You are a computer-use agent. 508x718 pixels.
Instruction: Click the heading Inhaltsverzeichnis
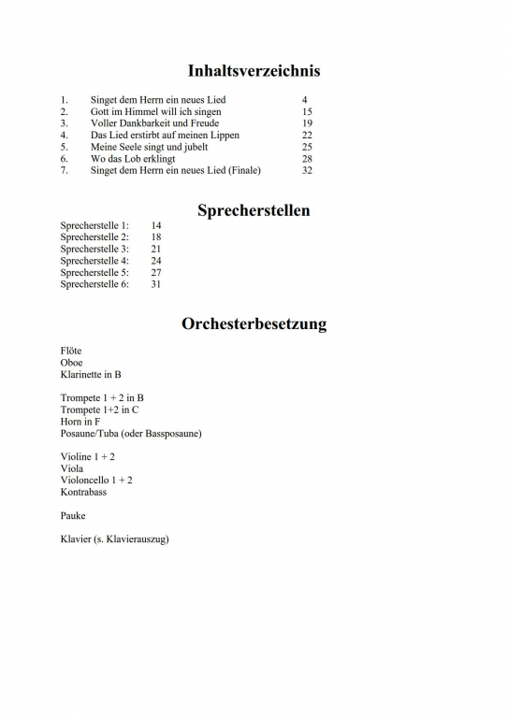[x=254, y=71]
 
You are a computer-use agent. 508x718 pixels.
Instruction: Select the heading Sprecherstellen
[x=254, y=210]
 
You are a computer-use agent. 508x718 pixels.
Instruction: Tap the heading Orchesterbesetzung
[x=254, y=325]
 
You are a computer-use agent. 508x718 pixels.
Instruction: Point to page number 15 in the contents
[x=307, y=111]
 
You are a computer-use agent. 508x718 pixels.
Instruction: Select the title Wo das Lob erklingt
[x=133, y=159]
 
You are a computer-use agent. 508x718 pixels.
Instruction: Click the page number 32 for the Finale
[x=307, y=171]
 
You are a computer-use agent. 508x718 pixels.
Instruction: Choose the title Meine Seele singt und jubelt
[x=149, y=147]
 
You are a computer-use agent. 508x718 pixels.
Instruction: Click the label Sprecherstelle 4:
[x=94, y=261]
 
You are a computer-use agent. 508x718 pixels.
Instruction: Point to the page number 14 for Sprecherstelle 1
[x=156, y=226]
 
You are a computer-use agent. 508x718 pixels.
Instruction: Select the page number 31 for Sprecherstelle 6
[x=156, y=284]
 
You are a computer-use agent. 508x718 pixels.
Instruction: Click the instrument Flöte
[x=72, y=351]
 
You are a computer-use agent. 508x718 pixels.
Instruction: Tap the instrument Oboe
[x=72, y=363]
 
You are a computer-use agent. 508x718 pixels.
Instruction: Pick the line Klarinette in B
[x=91, y=375]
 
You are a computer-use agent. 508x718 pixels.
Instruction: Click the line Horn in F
[x=80, y=422]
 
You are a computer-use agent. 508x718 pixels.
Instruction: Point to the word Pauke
[x=73, y=515]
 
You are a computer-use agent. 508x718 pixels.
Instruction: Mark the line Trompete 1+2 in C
[x=100, y=409]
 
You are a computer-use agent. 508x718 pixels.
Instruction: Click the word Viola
[x=72, y=468]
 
